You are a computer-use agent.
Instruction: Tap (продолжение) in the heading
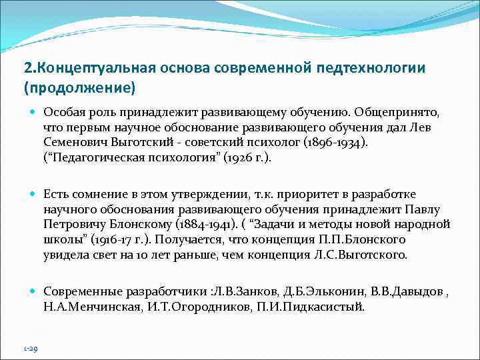click(79, 87)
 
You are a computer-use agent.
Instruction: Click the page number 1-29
click(30, 347)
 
